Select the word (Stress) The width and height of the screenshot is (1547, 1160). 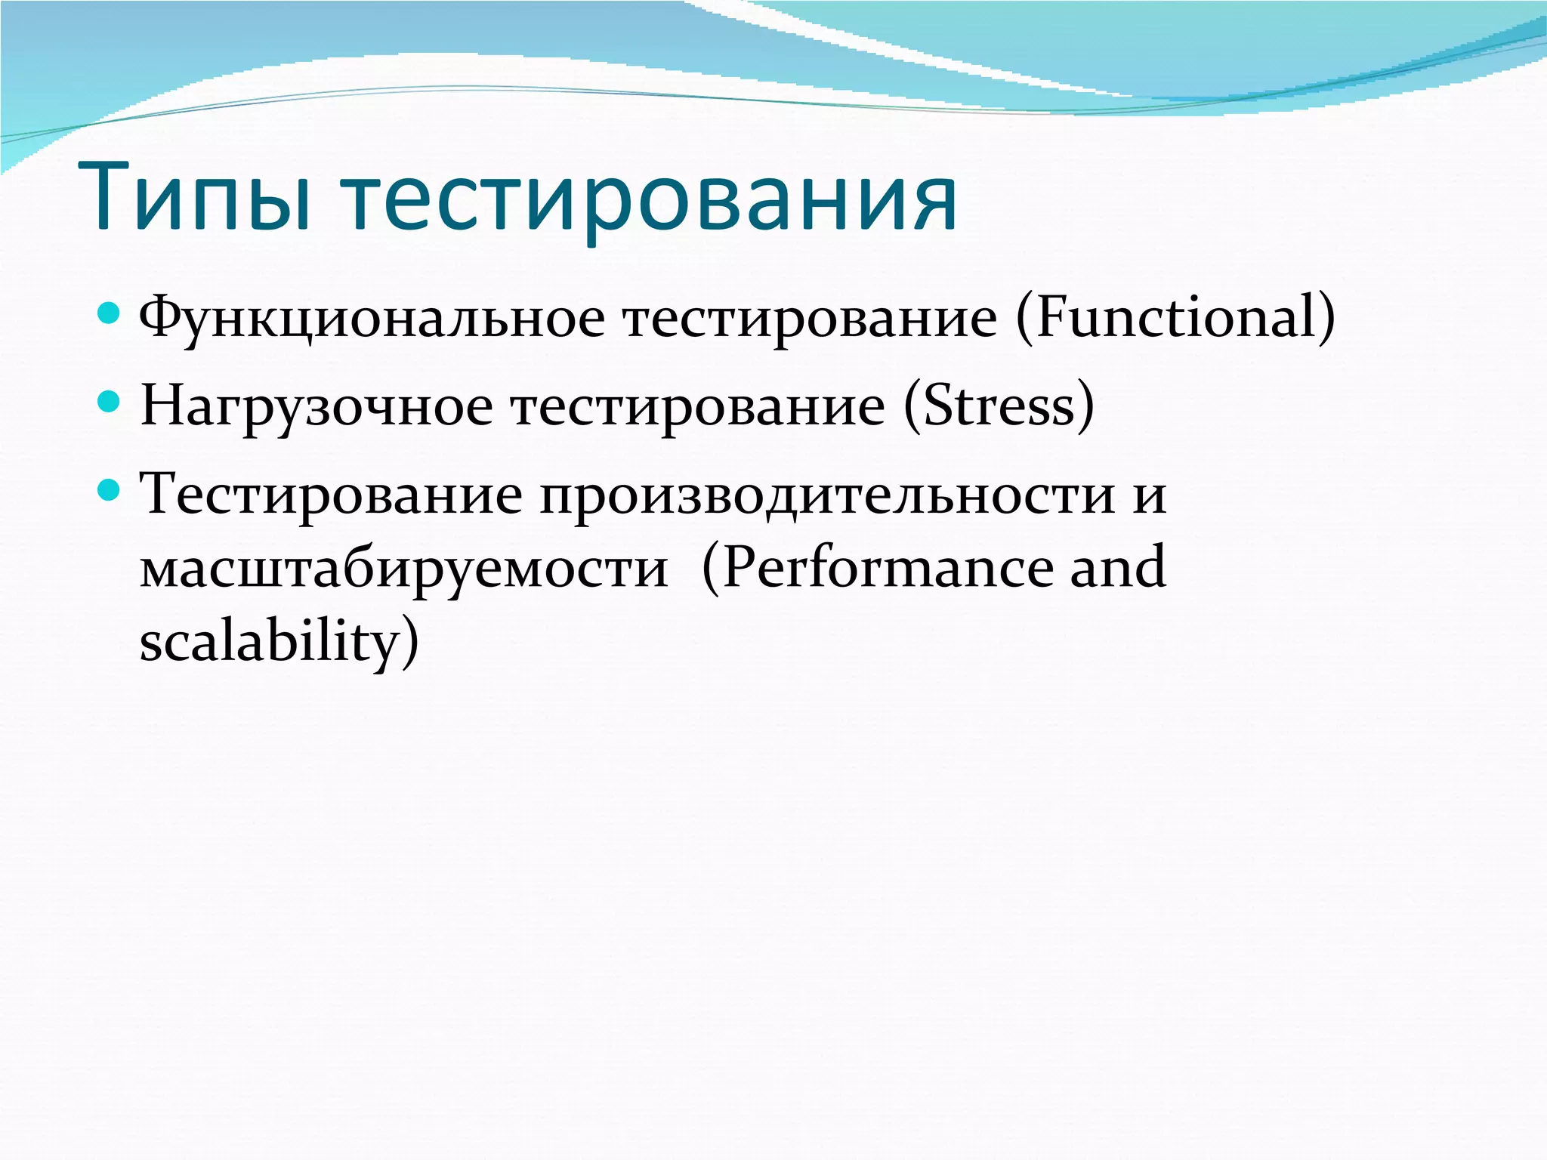pos(999,406)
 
